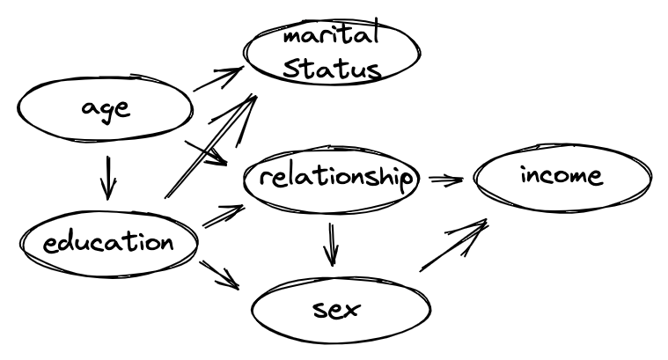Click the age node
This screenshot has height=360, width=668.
[x=104, y=110]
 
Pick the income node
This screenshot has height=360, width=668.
[x=562, y=177]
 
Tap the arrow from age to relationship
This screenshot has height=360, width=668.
[x=208, y=151]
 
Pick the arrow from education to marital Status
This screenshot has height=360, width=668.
[x=211, y=145]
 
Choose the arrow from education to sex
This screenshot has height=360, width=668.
[x=220, y=275]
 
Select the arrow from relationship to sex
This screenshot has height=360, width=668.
[x=332, y=244]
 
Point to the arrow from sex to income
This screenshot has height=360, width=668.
[x=453, y=246]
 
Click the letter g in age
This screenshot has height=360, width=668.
[x=106, y=113]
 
